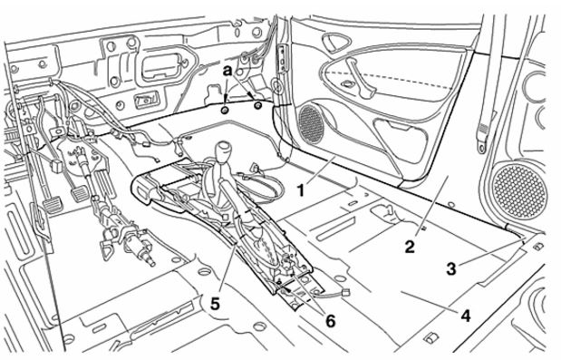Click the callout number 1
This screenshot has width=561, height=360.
301,190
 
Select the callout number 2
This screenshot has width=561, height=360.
410,247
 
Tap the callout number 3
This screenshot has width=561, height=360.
451,268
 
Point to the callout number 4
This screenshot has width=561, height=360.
465,316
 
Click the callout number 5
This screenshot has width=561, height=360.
215,304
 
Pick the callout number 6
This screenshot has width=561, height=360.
330,321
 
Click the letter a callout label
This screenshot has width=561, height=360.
227,71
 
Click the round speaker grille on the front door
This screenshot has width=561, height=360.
311,124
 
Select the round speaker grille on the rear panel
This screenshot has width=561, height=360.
519,190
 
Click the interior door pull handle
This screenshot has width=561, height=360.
360,78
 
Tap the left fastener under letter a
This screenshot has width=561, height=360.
225,110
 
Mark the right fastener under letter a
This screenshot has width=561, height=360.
257,105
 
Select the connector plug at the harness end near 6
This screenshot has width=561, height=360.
345,294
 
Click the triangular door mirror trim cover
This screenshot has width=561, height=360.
334,42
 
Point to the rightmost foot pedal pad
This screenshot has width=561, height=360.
79,193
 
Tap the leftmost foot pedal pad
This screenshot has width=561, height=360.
53,206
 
